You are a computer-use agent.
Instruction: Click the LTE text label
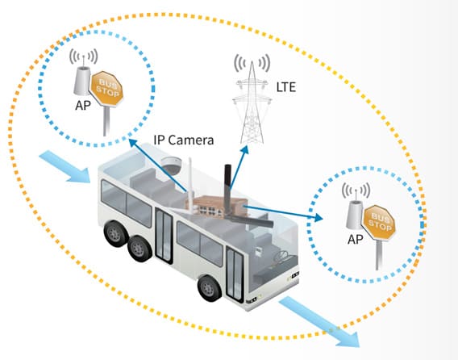tap(286, 87)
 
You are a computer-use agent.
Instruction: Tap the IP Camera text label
tap(184, 140)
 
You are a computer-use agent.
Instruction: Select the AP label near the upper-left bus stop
tap(83, 105)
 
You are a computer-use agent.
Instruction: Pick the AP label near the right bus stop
tap(355, 239)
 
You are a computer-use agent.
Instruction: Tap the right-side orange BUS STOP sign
tap(378, 223)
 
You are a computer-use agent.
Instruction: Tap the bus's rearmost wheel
tap(114, 233)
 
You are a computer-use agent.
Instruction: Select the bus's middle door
tap(164, 236)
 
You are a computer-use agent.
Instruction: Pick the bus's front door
tap(235, 274)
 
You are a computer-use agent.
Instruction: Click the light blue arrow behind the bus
tap(65, 167)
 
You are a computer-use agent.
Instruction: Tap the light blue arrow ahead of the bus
tap(319, 322)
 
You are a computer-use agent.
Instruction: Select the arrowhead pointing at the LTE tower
tap(245, 149)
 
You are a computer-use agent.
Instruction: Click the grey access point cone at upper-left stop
tap(81, 81)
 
